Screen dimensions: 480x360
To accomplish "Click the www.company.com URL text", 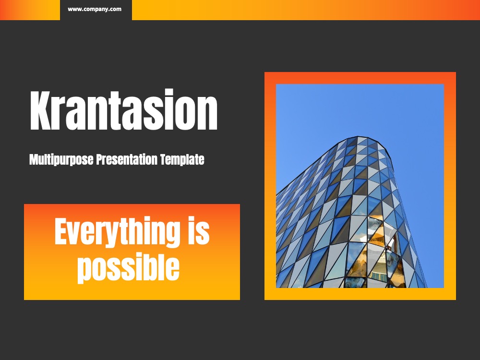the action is [95, 9].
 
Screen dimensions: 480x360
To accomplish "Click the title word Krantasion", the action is [124, 110].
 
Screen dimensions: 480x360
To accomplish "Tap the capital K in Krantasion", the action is [42, 110].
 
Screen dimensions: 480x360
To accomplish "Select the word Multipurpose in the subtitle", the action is [61, 160].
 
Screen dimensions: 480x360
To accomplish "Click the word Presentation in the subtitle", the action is [129, 159].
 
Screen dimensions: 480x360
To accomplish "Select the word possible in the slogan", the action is [128, 266].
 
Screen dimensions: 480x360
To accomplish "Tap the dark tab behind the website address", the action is [96, 10].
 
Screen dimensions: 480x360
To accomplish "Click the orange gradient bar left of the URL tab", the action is [30, 10].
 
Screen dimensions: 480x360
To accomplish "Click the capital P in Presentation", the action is [100, 159].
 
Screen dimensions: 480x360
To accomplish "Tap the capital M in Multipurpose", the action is [35, 159].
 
